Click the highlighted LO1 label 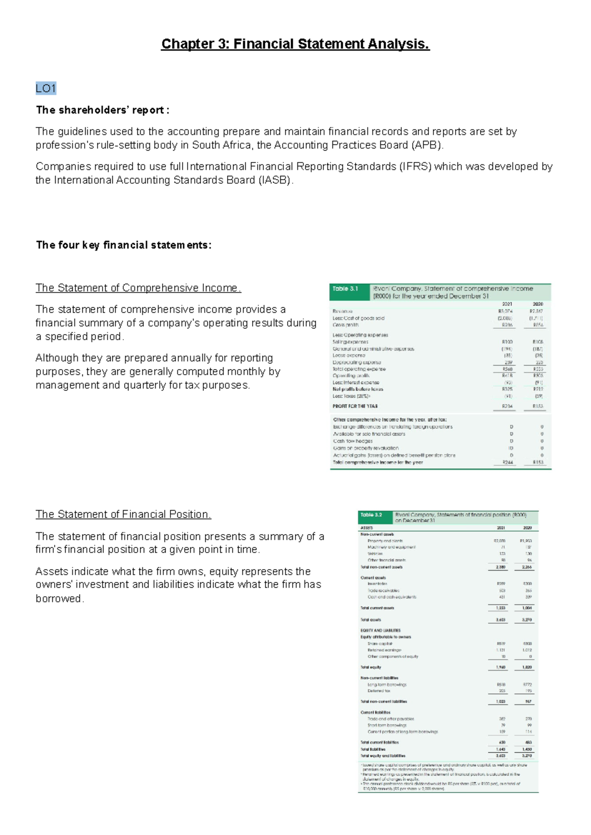coord(46,89)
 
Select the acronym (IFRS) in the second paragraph coord(414,167)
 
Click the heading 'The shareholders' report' coord(102,110)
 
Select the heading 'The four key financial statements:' coord(124,245)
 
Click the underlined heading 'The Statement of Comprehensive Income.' coord(138,288)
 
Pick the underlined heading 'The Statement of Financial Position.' coord(123,514)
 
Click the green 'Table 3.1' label coord(345,289)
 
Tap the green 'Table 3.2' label coord(371,515)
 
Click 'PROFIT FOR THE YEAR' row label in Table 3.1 coord(355,407)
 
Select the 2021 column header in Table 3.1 coord(507,304)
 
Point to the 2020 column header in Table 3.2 coord(527,528)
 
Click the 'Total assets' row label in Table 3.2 coord(371,620)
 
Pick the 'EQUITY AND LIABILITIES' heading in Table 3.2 coord(381,630)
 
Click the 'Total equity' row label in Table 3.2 coord(371,668)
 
